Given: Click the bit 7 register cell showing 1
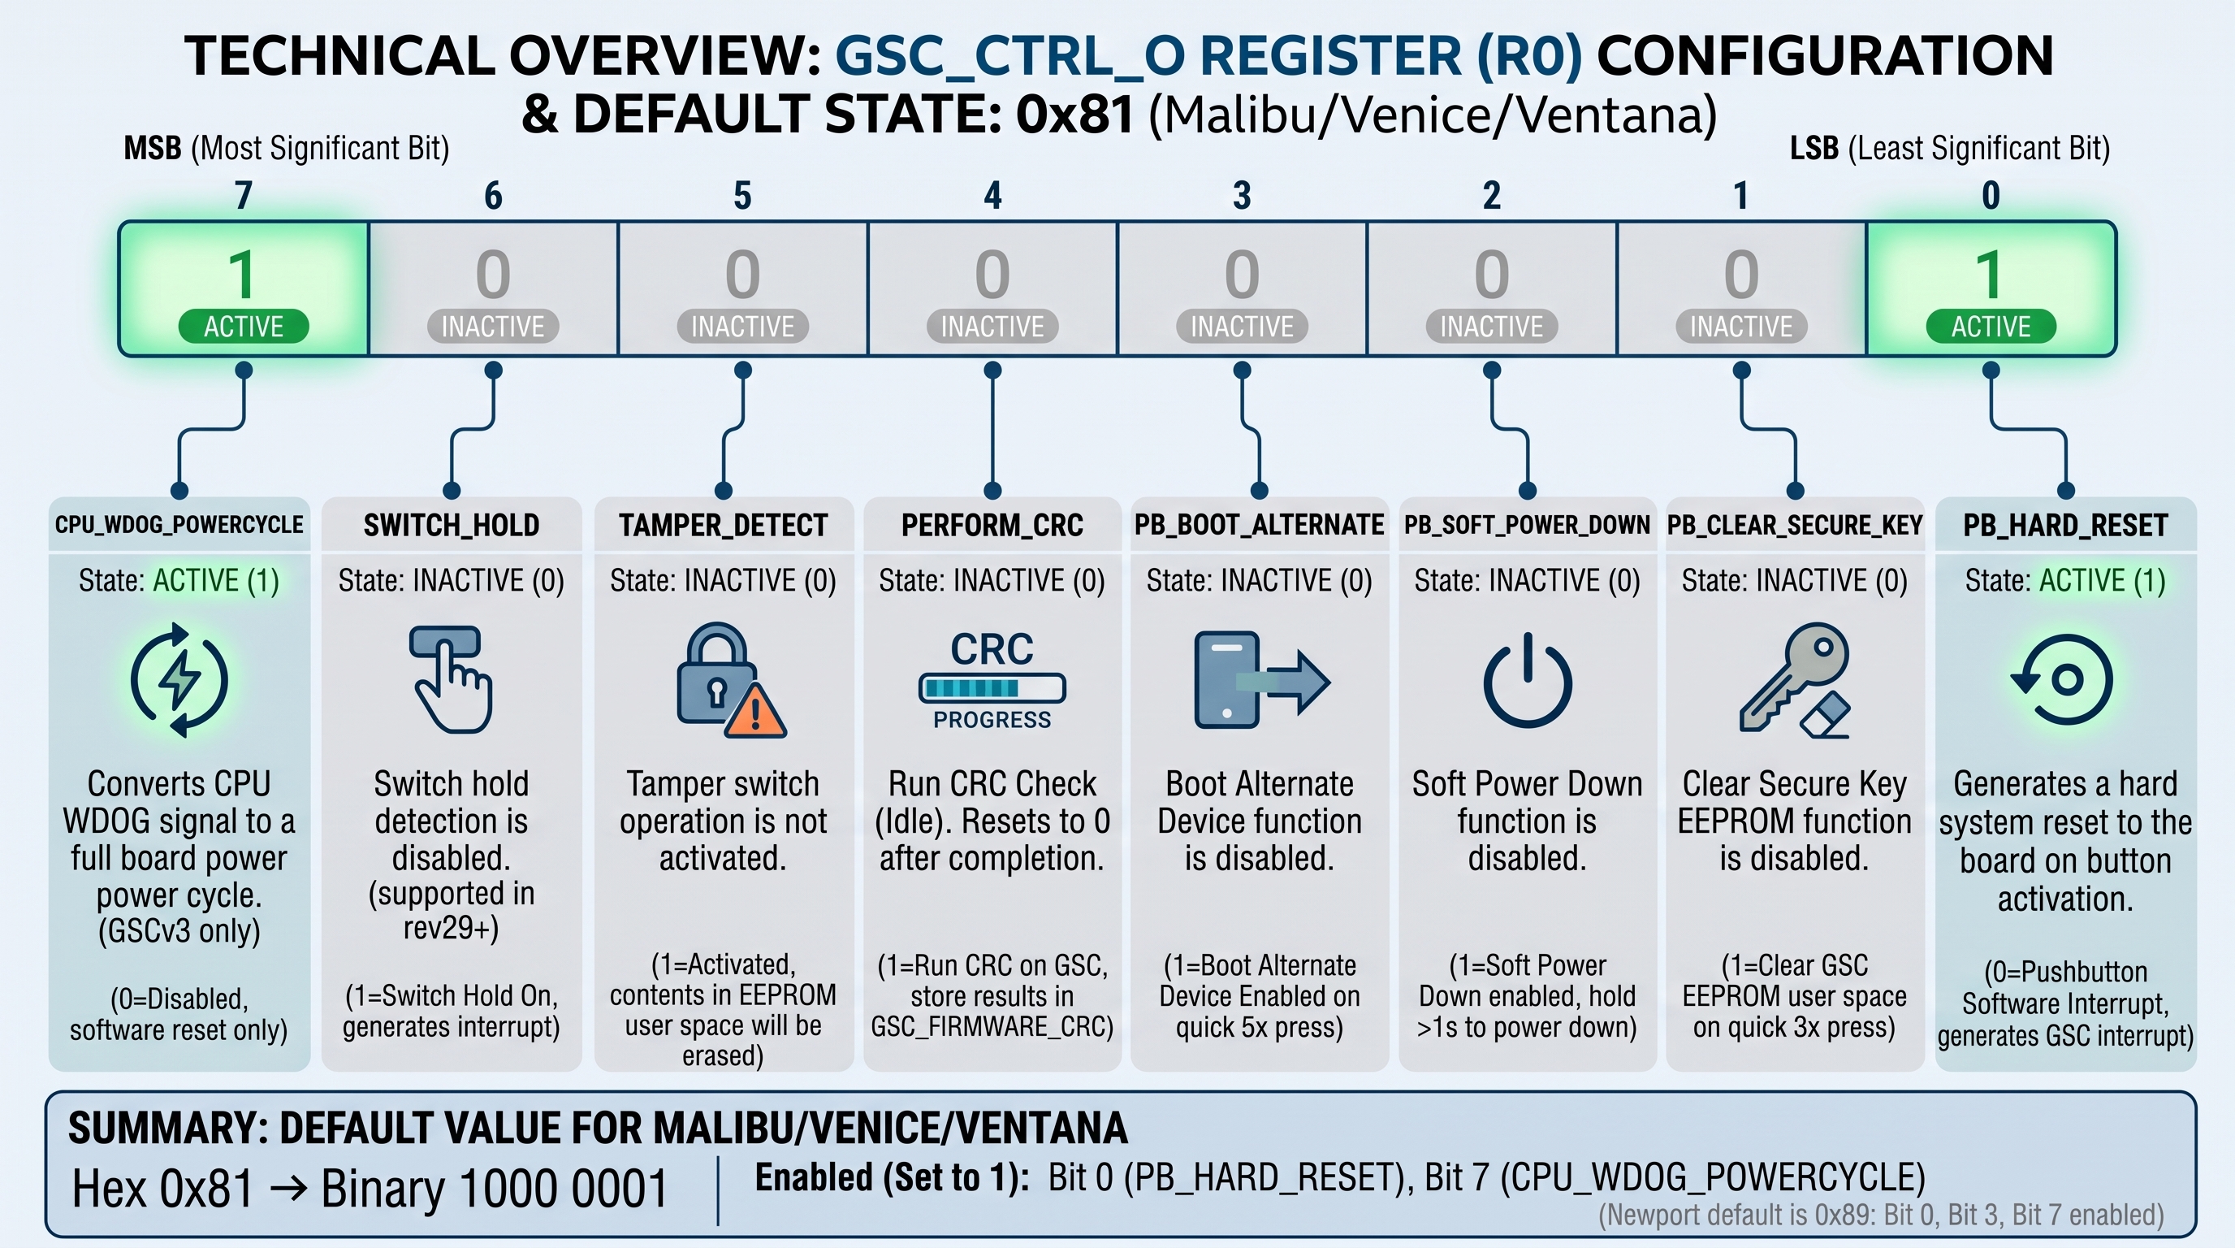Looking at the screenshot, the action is pyautogui.click(x=244, y=289).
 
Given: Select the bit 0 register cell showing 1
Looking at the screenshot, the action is pyautogui.click(x=1991, y=289).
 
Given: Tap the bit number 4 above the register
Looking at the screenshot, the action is pyautogui.click(x=992, y=195).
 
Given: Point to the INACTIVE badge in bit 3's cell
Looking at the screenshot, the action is pyautogui.click(x=1242, y=327).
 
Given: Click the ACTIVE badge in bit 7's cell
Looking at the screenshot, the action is pyautogui.click(x=244, y=327).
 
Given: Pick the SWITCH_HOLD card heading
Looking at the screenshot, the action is pyautogui.click(x=452, y=525).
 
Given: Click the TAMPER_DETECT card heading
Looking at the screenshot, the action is pyautogui.click(x=723, y=525).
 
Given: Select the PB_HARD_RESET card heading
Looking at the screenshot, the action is pyautogui.click(x=2065, y=525).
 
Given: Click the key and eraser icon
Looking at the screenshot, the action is pyautogui.click(x=1794, y=679).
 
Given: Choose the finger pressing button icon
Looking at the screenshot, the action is pyautogui.click(x=450, y=678).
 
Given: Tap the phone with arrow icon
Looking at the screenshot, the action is pyautogui.click(x=1261, y=679).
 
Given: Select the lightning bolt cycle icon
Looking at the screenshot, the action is pyautogui.click(x=179, y=679).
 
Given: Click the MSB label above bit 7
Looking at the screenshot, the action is pyautogui.click(x=287, y=149).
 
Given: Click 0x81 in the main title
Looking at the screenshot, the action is pyautogui.click(x=1074, y=115).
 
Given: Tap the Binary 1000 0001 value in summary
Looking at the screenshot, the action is pyautogui.click(x=495, y=1188).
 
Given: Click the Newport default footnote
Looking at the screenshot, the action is pyautogui.click(x=1881, y=1215).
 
